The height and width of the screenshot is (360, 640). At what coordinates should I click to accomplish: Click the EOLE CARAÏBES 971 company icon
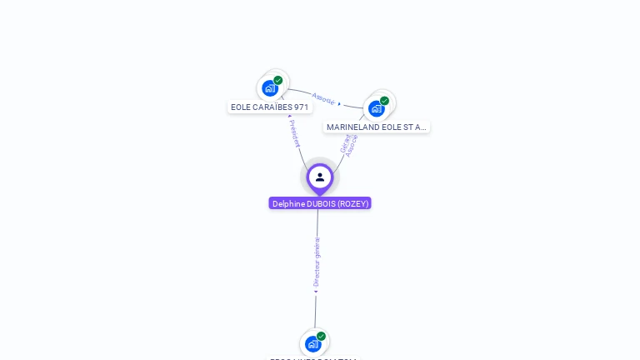270,87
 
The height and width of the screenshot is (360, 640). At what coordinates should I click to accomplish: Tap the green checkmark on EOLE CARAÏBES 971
278,81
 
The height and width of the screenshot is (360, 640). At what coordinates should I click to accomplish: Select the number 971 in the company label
300,107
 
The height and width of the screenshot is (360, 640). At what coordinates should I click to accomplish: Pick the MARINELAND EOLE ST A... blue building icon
377,108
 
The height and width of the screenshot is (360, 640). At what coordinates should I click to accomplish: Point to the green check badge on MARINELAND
384,101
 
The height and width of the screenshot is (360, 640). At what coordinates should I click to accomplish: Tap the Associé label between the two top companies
323,99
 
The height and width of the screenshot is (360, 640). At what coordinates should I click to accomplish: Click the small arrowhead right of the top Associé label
339,104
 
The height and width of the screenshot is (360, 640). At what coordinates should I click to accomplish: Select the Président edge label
294,133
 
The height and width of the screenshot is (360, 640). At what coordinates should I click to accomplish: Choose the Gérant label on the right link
345,142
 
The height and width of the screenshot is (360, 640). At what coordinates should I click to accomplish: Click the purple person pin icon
320,177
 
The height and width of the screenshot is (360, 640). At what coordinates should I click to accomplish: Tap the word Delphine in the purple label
288,203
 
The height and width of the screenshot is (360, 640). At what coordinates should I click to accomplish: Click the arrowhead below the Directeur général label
316,292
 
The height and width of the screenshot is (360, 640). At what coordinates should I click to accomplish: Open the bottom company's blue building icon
312,343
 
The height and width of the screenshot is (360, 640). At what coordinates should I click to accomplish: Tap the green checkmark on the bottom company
321,337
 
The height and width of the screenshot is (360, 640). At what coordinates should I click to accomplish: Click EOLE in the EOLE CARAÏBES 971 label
241,107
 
